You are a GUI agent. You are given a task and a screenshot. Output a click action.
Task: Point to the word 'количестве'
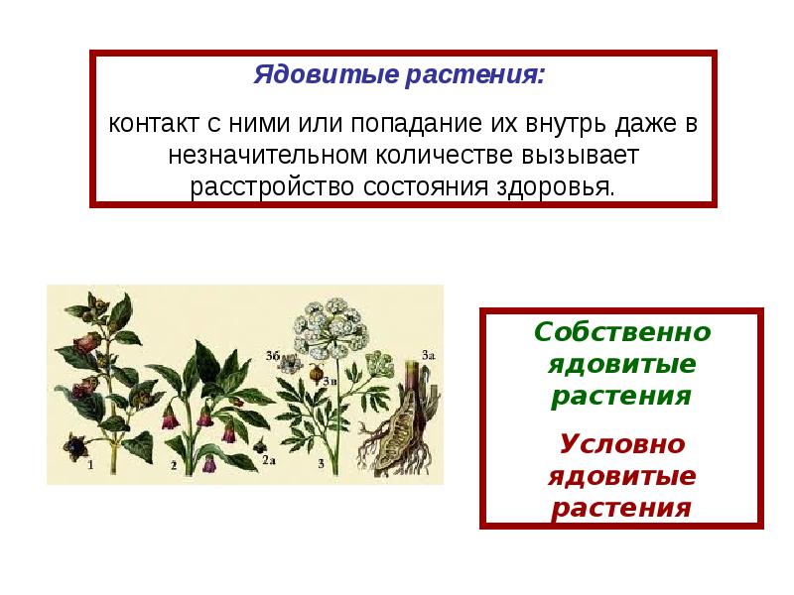429,156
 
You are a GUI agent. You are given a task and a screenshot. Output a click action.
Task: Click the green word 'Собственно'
621,332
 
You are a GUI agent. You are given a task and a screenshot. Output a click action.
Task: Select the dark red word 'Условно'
621,443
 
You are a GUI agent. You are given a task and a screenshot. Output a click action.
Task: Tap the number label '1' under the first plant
90,463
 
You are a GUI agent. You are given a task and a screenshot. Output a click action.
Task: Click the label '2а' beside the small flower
268,460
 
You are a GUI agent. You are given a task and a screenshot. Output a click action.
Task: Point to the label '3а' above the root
429,354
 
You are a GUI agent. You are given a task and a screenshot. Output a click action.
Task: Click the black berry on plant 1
72,444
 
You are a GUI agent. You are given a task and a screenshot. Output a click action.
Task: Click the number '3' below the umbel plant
321,462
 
